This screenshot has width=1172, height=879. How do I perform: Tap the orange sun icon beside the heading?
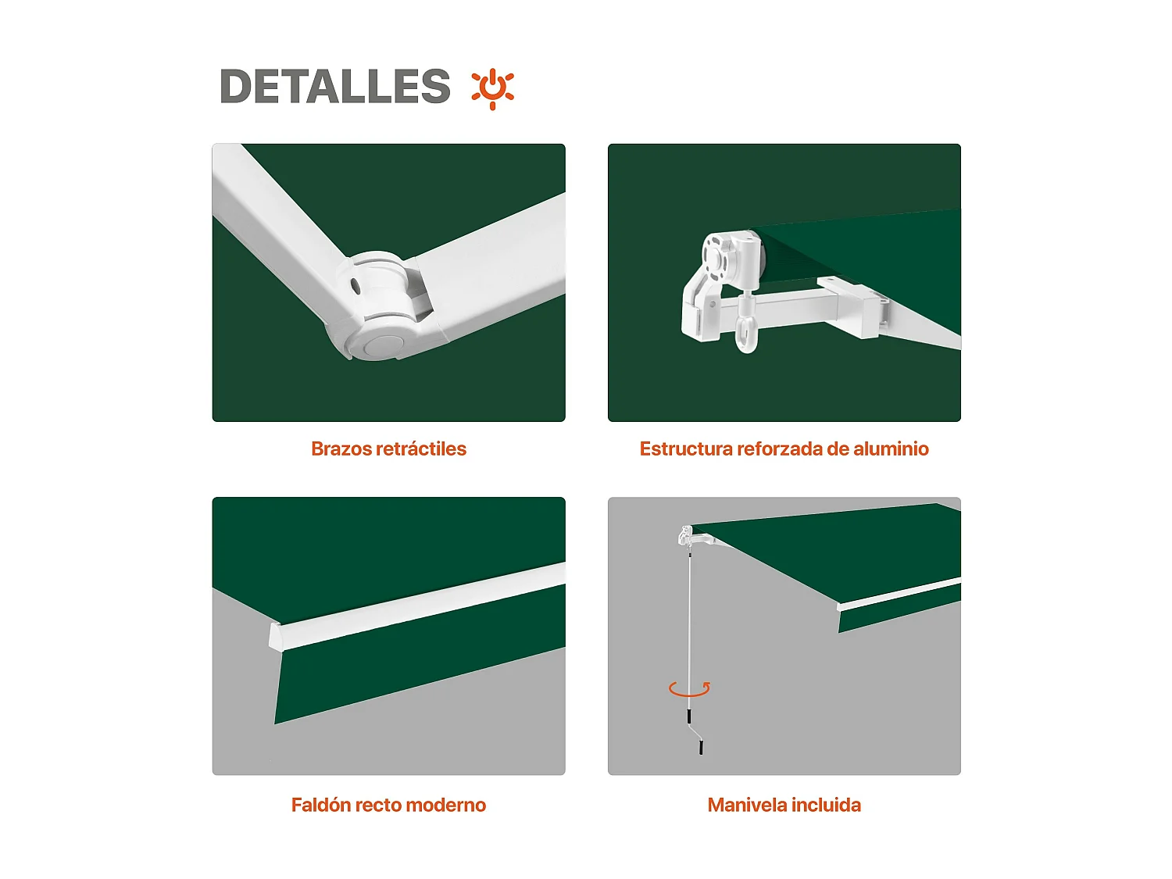[492, 88]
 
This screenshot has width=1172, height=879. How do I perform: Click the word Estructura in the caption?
[686, 448]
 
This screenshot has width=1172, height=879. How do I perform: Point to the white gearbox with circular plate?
[731, 262]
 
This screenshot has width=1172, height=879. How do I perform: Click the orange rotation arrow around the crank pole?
[689, 689]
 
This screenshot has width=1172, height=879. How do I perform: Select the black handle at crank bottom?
[701, 748]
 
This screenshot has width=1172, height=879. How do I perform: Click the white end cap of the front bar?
[275, 636]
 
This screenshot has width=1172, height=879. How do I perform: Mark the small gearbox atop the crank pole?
[686, 536]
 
